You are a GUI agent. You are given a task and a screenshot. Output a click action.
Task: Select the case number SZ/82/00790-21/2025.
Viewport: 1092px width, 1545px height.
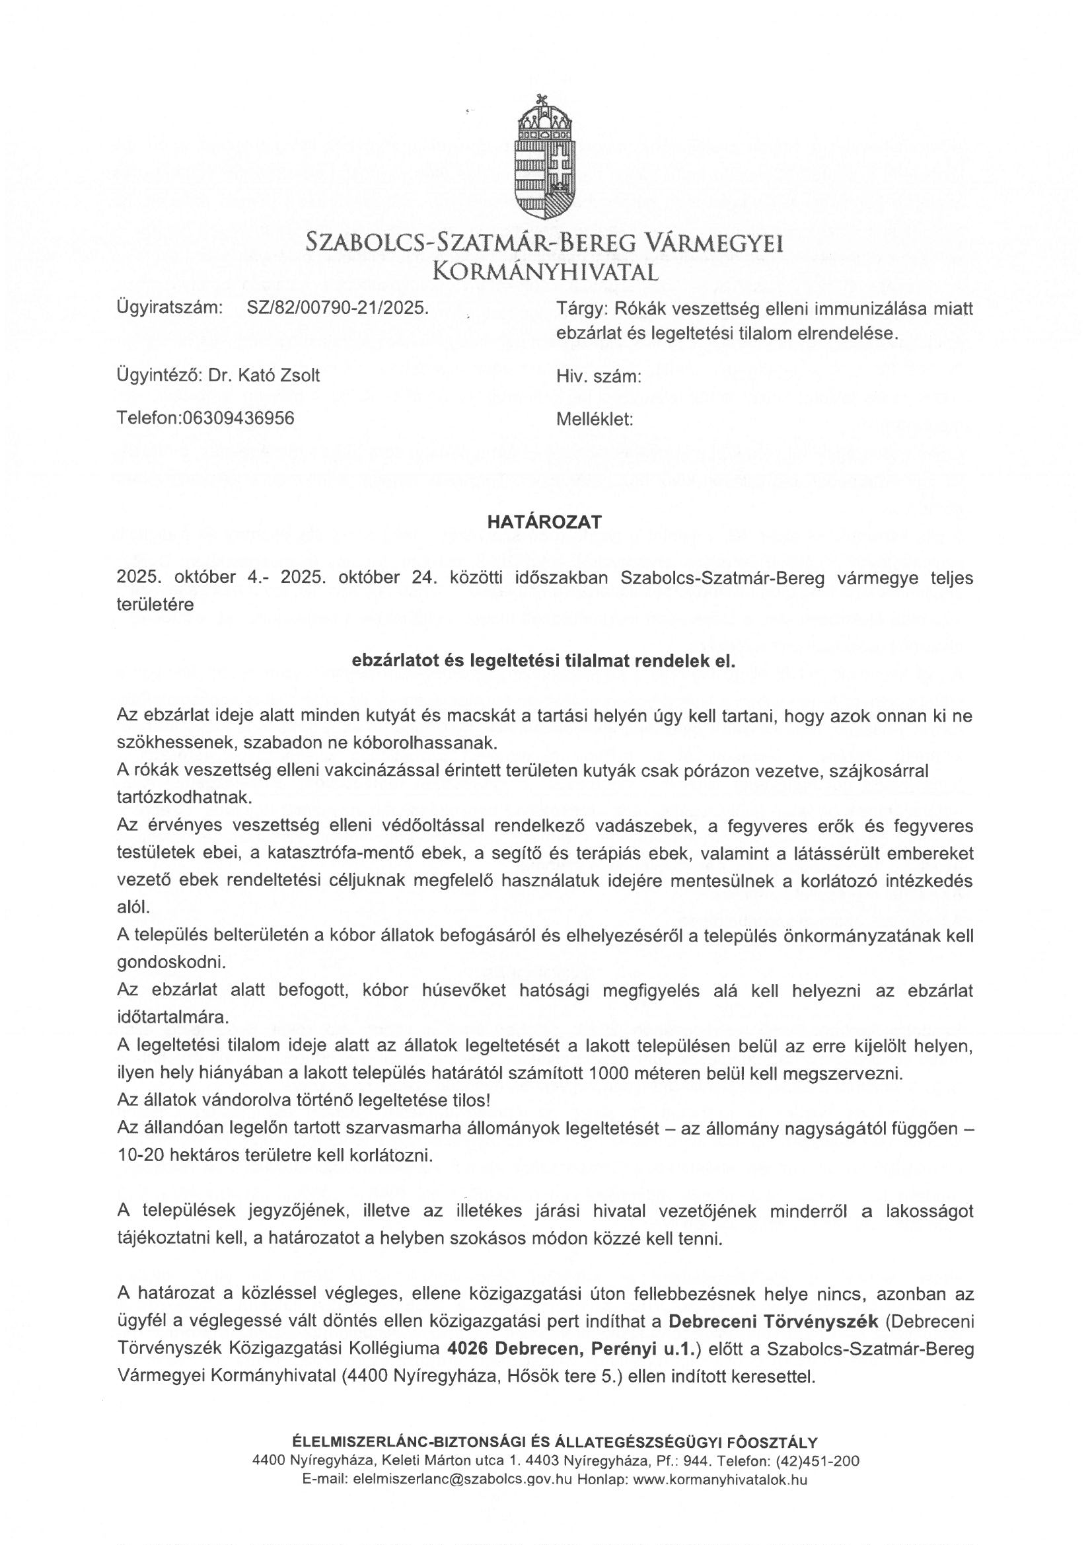pyautogui.click(x=338, y=308)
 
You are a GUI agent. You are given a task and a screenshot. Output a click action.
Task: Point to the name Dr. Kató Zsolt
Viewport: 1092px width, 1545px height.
pyautogui.click(x=264, y=375)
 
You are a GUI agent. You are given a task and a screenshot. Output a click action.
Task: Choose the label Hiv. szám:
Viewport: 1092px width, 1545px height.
pyautogui.click(x=598, y=377)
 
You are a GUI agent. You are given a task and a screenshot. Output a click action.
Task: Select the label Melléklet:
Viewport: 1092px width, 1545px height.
pyautogui.click(x=595, y=419)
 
